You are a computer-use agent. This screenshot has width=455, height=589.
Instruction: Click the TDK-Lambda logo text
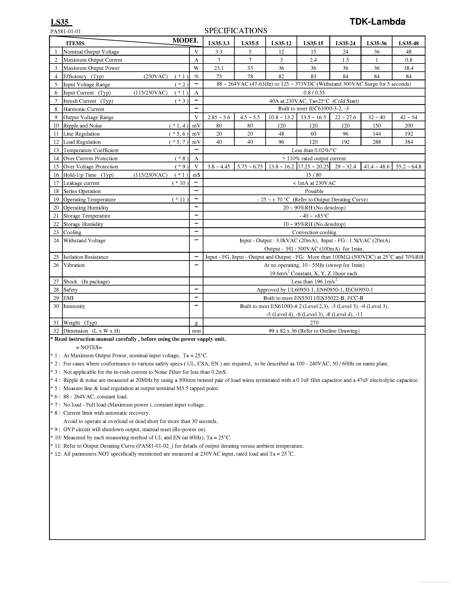tap(377, 22)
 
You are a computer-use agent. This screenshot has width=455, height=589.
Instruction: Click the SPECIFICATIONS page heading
tap(236, 31)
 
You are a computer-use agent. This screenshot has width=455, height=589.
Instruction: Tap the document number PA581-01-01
tap(66, 31)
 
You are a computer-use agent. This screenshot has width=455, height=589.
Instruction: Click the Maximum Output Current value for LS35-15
tap(313, 60)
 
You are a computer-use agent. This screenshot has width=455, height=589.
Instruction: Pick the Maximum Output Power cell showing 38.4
tap(409, 68)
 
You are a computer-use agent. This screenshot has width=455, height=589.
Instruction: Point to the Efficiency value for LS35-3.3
tap(219, 76)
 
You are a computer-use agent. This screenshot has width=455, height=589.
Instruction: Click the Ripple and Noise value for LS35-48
tap(409, 126)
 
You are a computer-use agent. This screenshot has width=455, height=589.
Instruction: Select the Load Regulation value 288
tap(377, 142)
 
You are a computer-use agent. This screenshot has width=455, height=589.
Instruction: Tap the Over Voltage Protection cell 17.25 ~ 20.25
tap(313, 167)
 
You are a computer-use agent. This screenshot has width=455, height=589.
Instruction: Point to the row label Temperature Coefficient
tap(91, 150)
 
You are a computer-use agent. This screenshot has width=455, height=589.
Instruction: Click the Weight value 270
tap(314, 323)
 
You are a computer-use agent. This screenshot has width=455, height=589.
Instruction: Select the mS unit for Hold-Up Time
tap(196, 175)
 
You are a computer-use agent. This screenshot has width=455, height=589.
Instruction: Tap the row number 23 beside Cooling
tap(56, 232)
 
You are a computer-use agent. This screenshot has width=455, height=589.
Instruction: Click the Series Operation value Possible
tap(314, 191)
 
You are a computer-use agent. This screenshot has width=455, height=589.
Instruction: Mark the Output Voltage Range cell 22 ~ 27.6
tap(345, 117)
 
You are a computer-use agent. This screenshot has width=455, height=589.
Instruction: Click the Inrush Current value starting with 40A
tap(314, 101)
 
